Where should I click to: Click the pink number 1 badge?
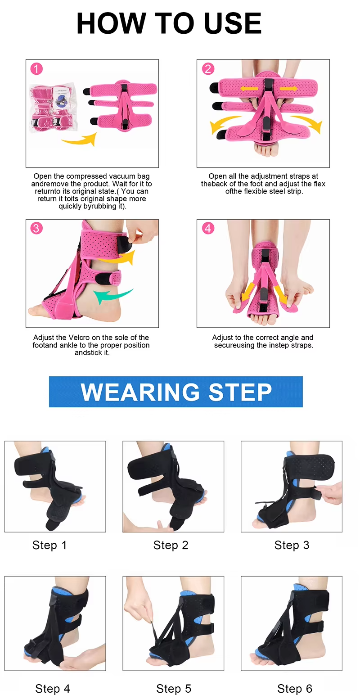point(36,69)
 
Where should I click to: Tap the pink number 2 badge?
point(207,69)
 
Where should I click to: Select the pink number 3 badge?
point(36,228)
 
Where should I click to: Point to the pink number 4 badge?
point(207,228)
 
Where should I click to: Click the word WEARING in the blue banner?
point(139,392)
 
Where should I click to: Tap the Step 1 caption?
point(49,545)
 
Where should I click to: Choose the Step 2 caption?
point(171,545)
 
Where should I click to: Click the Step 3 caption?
point(292,545)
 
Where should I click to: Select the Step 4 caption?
point(53,688)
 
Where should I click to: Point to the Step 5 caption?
point(174,688)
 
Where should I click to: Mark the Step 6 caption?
point(295,688)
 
